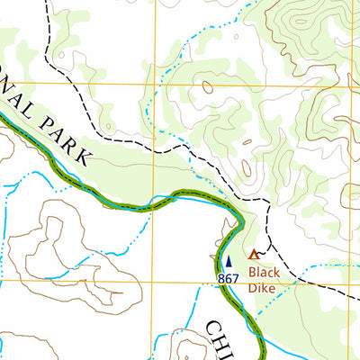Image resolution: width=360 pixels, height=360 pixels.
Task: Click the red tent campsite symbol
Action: [254, 255]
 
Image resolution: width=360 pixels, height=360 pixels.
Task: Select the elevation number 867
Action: [229, 280]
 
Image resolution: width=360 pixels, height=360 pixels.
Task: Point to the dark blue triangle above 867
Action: [227, 262]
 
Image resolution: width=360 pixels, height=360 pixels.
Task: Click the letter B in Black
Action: [253, 272]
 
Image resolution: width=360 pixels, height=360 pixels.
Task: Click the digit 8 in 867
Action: [221, 280]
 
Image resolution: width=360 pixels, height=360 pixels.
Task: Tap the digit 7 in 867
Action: [235, 280]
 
